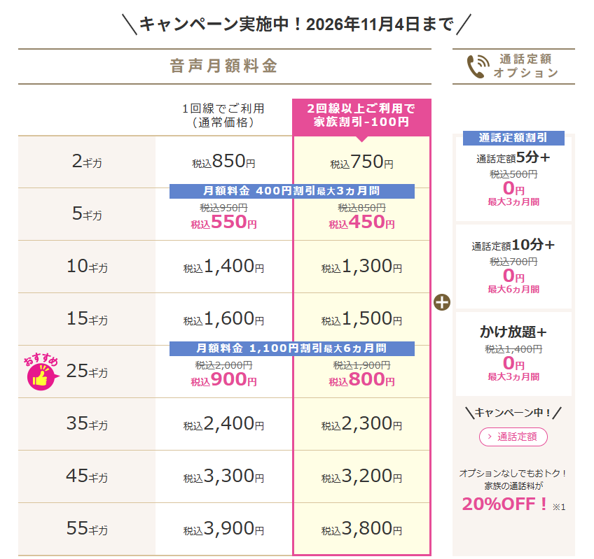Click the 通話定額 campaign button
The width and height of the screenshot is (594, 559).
click(513, 437)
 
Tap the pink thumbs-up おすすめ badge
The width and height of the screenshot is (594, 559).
click(41, 372)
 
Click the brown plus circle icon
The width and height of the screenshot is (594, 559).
click(442, 302)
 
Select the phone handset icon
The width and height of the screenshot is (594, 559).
click(478, 66)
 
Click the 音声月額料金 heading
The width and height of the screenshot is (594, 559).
click(223, 66)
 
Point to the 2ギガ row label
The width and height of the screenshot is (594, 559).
click(87, 162)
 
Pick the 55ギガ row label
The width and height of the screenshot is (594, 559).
click(87, 528)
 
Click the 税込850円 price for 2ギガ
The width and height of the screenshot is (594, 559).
click(223, 162)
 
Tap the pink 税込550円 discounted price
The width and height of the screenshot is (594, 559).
click(223, 222)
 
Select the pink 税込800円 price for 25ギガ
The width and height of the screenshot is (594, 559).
click(361, 380)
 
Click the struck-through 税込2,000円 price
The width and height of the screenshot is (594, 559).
click(223, 365)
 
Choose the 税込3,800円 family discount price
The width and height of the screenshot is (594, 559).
click(361, 528)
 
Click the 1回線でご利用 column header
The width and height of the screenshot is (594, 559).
click(223, 115)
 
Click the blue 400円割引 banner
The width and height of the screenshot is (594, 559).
click(291, 191)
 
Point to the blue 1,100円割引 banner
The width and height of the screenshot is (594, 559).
click(291, 348)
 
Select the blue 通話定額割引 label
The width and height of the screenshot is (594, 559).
click(513, 138)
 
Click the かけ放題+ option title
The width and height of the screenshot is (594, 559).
click(513, 332)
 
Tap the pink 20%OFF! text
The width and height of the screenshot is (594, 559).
click(504, 504)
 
